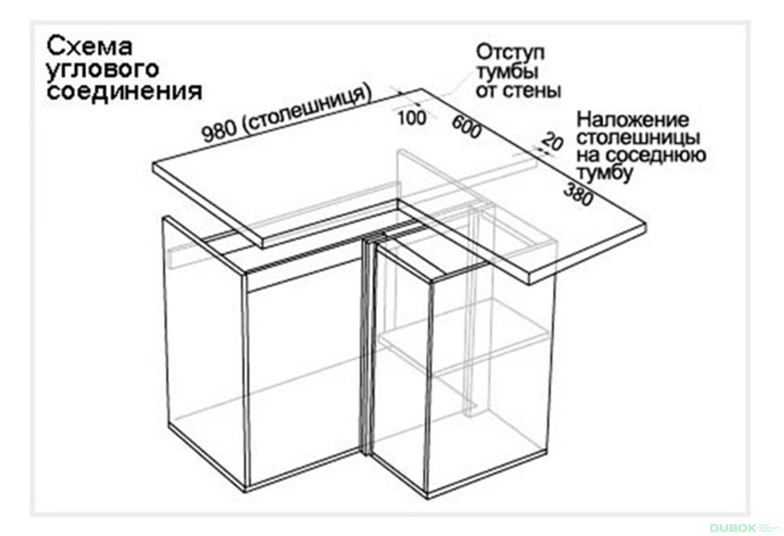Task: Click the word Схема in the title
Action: (90, 46)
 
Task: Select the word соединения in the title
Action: (124, 91)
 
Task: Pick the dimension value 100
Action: (413, 118)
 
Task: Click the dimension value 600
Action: (467, 127)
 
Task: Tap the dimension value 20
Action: (552, 141)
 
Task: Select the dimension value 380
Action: (579, 193)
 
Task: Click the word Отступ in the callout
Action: (510, 53)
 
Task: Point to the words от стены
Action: (518, 90)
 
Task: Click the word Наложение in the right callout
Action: (633, 120)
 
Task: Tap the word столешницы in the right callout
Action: (638, 137)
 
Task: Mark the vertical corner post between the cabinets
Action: (369, 347)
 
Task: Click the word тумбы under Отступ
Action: (506, 72)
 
